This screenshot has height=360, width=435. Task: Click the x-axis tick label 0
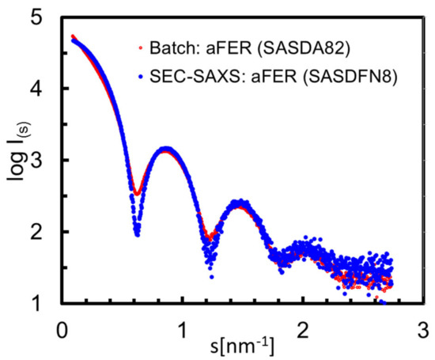tap(62, 326)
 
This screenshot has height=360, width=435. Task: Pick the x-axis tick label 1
tap(182, 326)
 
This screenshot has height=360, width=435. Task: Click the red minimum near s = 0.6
tap(137, 193)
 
